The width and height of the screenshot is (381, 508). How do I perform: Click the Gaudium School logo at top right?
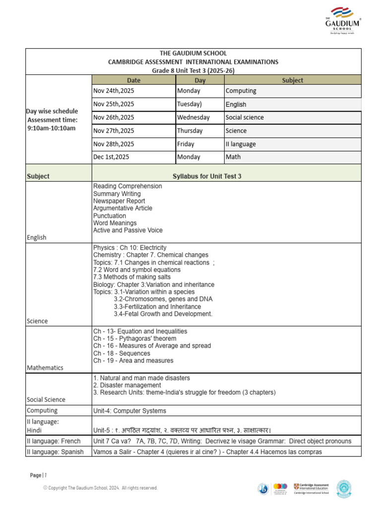[x=342, y=21]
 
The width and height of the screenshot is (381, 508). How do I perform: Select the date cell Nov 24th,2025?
[x=114, y=91]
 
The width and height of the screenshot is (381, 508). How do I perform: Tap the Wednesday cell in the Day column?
[x=193, y=118]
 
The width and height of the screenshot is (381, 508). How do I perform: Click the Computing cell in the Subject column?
[x=241, y=91]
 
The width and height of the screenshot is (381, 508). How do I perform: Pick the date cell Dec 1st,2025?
[x=112, y=157]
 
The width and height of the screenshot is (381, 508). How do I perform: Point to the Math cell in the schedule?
[x=233, y=157]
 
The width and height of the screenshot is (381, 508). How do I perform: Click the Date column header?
[x=133, y=80]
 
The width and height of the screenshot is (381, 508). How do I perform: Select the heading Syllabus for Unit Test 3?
[x=207, y=176]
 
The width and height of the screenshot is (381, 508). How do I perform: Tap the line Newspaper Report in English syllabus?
[x=119, y=201]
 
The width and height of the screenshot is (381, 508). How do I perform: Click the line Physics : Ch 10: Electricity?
[x=130, y=248]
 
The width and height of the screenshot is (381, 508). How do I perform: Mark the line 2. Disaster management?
[x=127, y=385]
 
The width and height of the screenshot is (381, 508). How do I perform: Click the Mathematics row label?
[x=45, y=368]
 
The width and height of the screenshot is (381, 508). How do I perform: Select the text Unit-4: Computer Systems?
[x=129, y=411]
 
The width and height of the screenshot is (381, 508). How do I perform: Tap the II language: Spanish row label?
[x=55, y=451]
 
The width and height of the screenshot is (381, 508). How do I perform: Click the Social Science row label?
[x=46, y=399]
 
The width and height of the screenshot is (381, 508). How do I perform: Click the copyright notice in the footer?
[x=100, y=488]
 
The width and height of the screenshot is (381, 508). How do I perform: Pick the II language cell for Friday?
[x=241, y=144]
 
